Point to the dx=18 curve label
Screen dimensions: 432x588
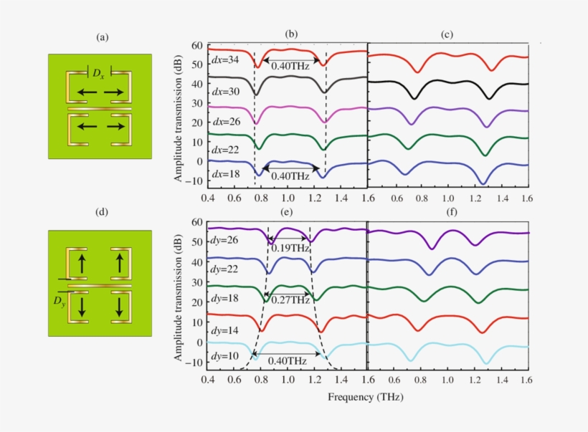click(224, 174)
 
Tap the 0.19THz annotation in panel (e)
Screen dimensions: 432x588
click(290, 249)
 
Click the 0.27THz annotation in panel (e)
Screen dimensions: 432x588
click(290, 300)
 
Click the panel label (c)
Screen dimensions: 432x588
click(447, 34)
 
